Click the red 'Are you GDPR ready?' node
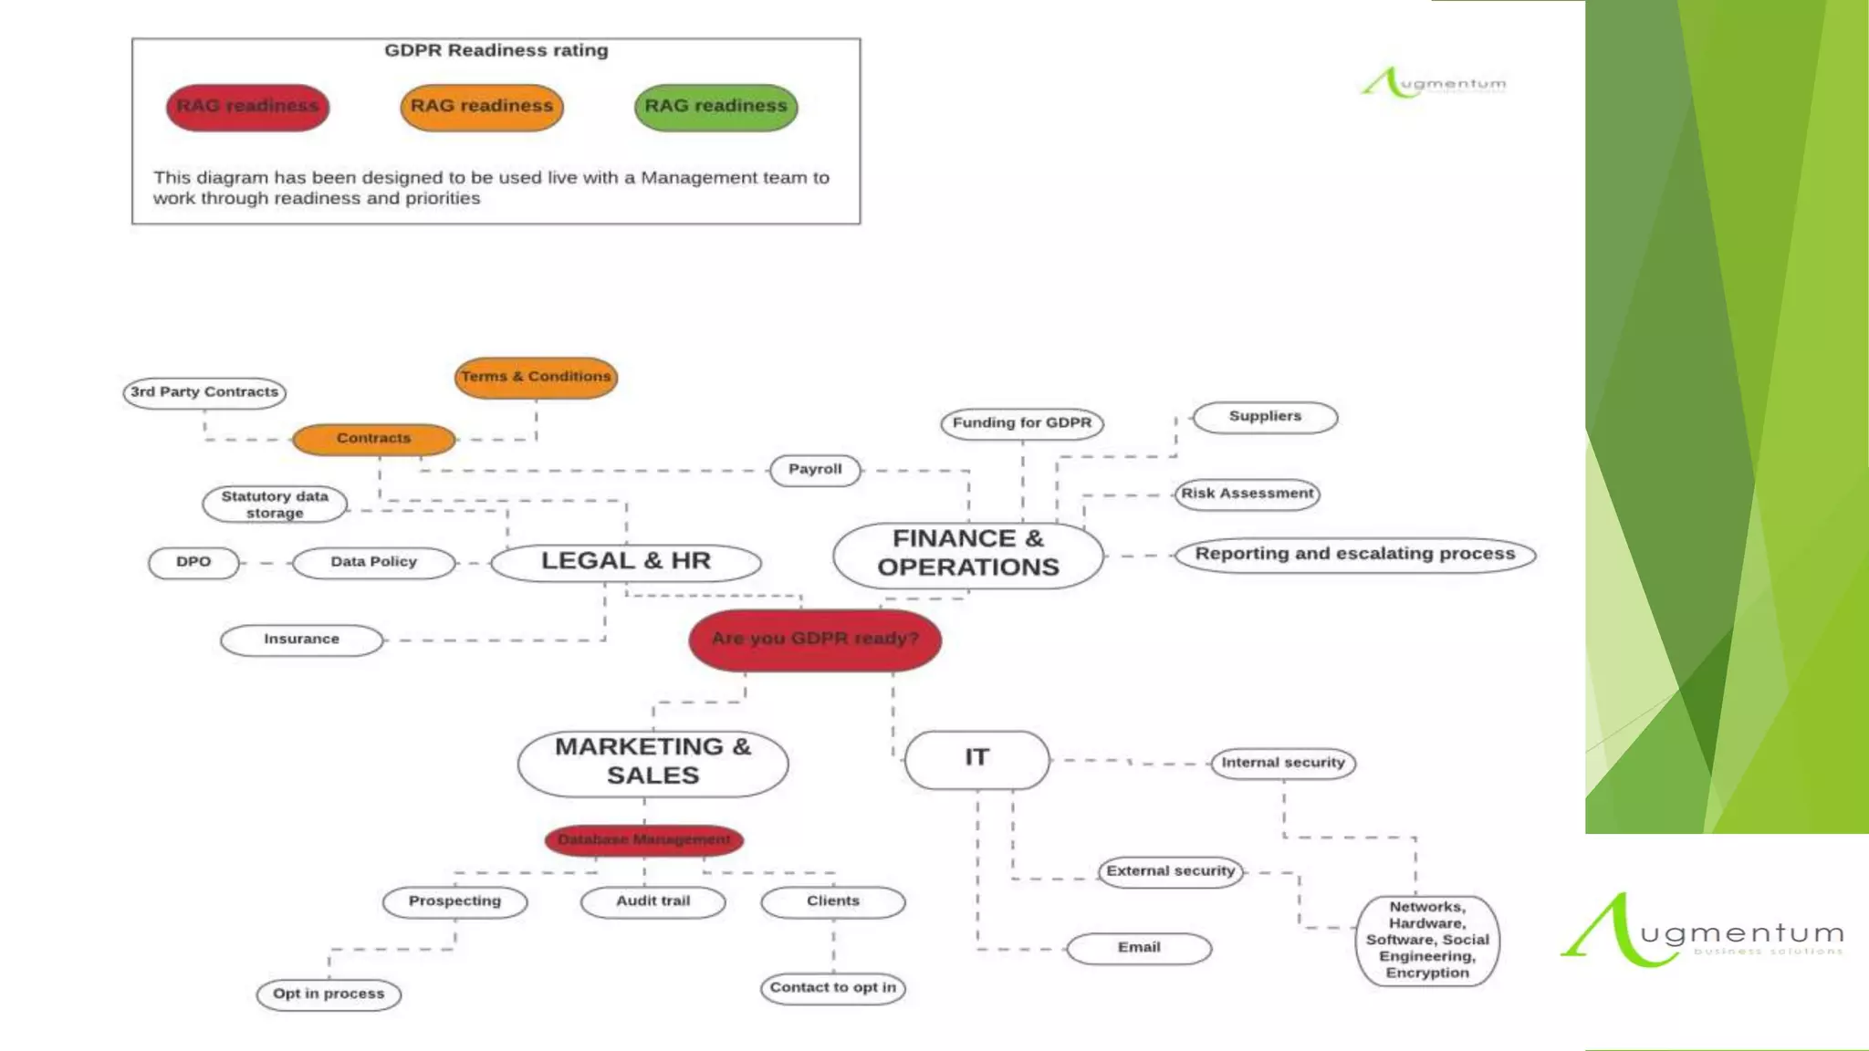point(815,640)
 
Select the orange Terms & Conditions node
point(536,377)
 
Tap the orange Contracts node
point(374,439)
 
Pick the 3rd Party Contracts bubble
point(204,392)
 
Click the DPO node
point(193,562)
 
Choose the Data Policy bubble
point(374,562)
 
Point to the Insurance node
point(302,640)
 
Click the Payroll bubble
point(815,470)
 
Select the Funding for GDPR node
point(1022,423)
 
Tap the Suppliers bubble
point(1265,417)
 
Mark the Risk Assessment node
point(1247,494)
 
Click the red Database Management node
point(644,839)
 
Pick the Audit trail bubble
point(653,901)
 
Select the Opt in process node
point(329,994)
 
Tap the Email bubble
point(1139,948)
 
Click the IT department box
point(976,758)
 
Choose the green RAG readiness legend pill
point(716,107)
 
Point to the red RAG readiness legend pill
point(247,107)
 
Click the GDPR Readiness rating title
point(496,51)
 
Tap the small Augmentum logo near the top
point(1433,83)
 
